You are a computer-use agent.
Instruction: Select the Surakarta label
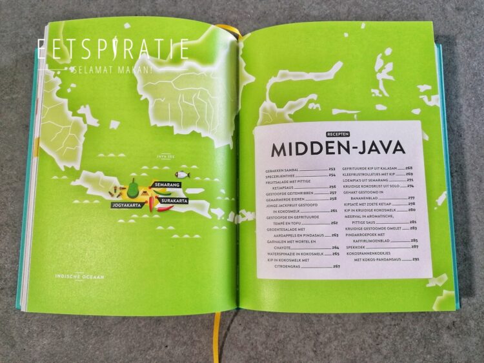174,201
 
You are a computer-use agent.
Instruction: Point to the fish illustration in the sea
183,174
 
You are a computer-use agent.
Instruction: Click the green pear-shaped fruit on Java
133,190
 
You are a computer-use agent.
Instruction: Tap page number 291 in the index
416,259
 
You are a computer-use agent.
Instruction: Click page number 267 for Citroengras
336,266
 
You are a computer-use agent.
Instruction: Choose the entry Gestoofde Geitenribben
285,193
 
